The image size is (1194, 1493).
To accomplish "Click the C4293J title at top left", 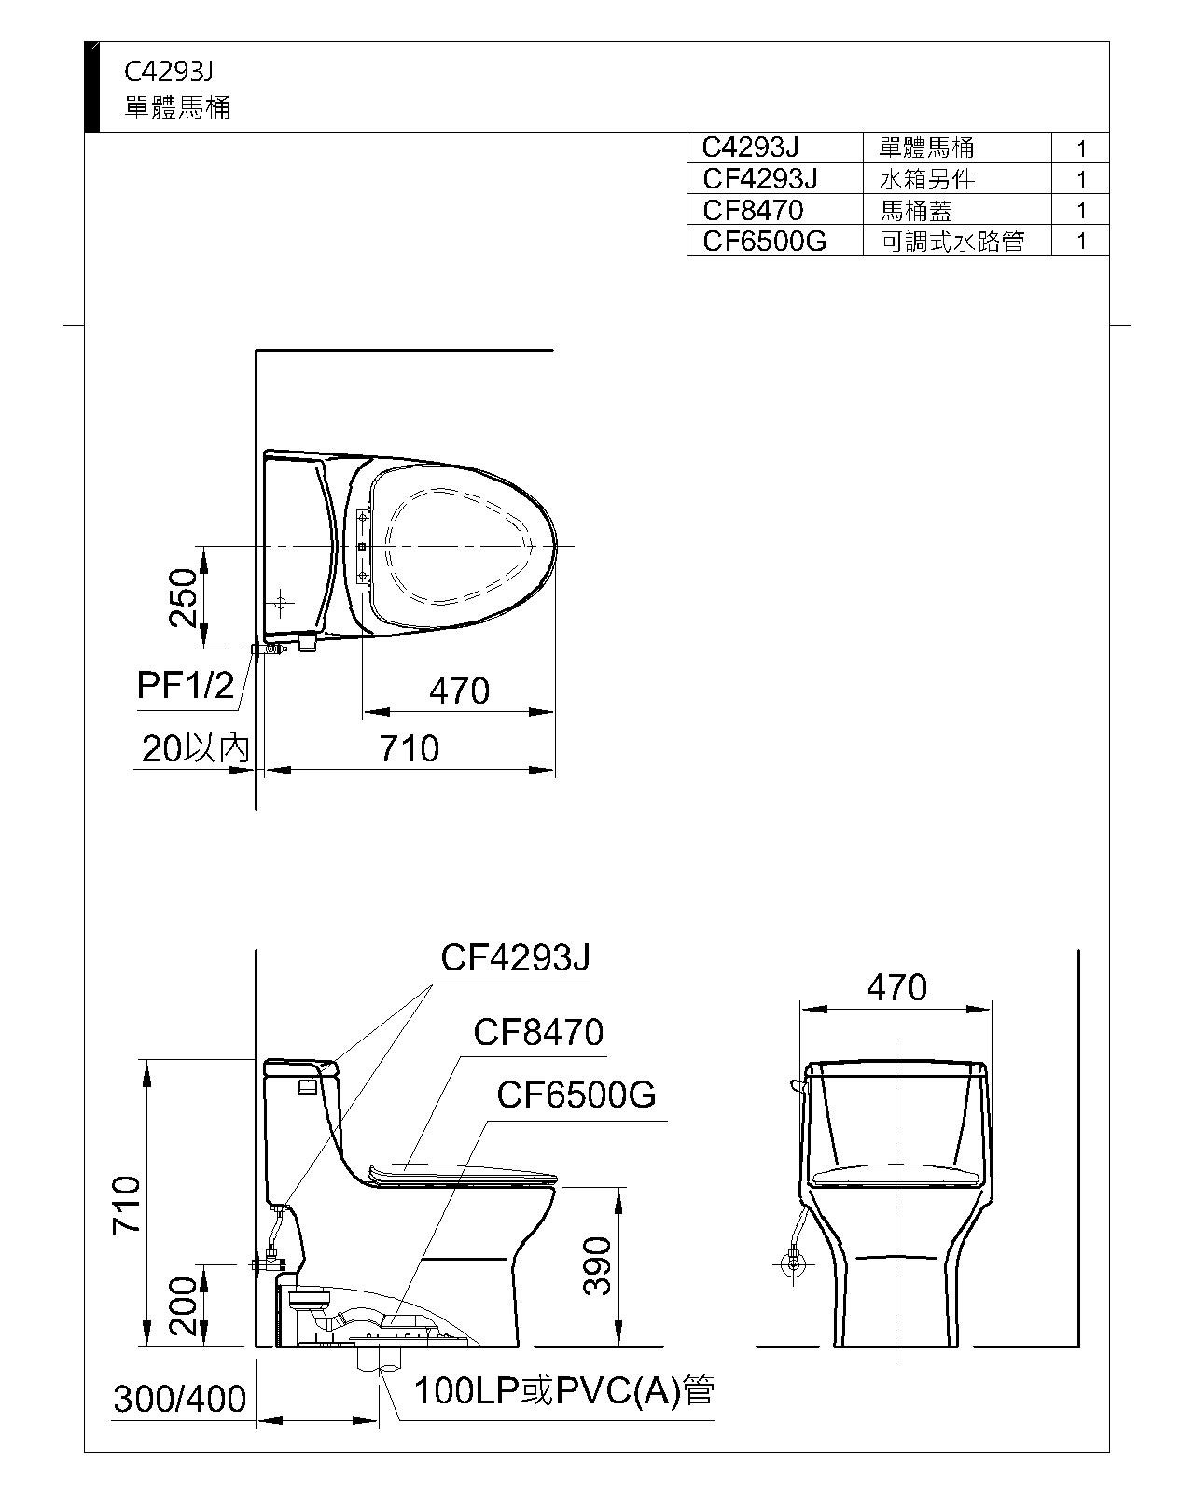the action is click(x=169, y=72).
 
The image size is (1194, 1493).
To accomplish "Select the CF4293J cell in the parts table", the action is click(x=759, y=179).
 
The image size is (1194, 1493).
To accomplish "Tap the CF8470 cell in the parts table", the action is click(x=753, y=210).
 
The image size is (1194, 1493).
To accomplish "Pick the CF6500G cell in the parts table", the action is click(x=765, y=241).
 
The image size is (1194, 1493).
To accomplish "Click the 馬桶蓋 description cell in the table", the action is click(x=916, y=210).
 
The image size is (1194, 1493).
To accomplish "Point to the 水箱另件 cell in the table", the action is click(x=927, y=179).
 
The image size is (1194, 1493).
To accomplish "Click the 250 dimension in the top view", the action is click(x=183, y=597).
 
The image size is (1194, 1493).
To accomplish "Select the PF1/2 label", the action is click(x=186, y=686).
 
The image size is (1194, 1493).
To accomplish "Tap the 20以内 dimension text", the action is click(x=195, y=748).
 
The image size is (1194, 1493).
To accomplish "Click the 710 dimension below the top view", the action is click(x=410, y=749).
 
